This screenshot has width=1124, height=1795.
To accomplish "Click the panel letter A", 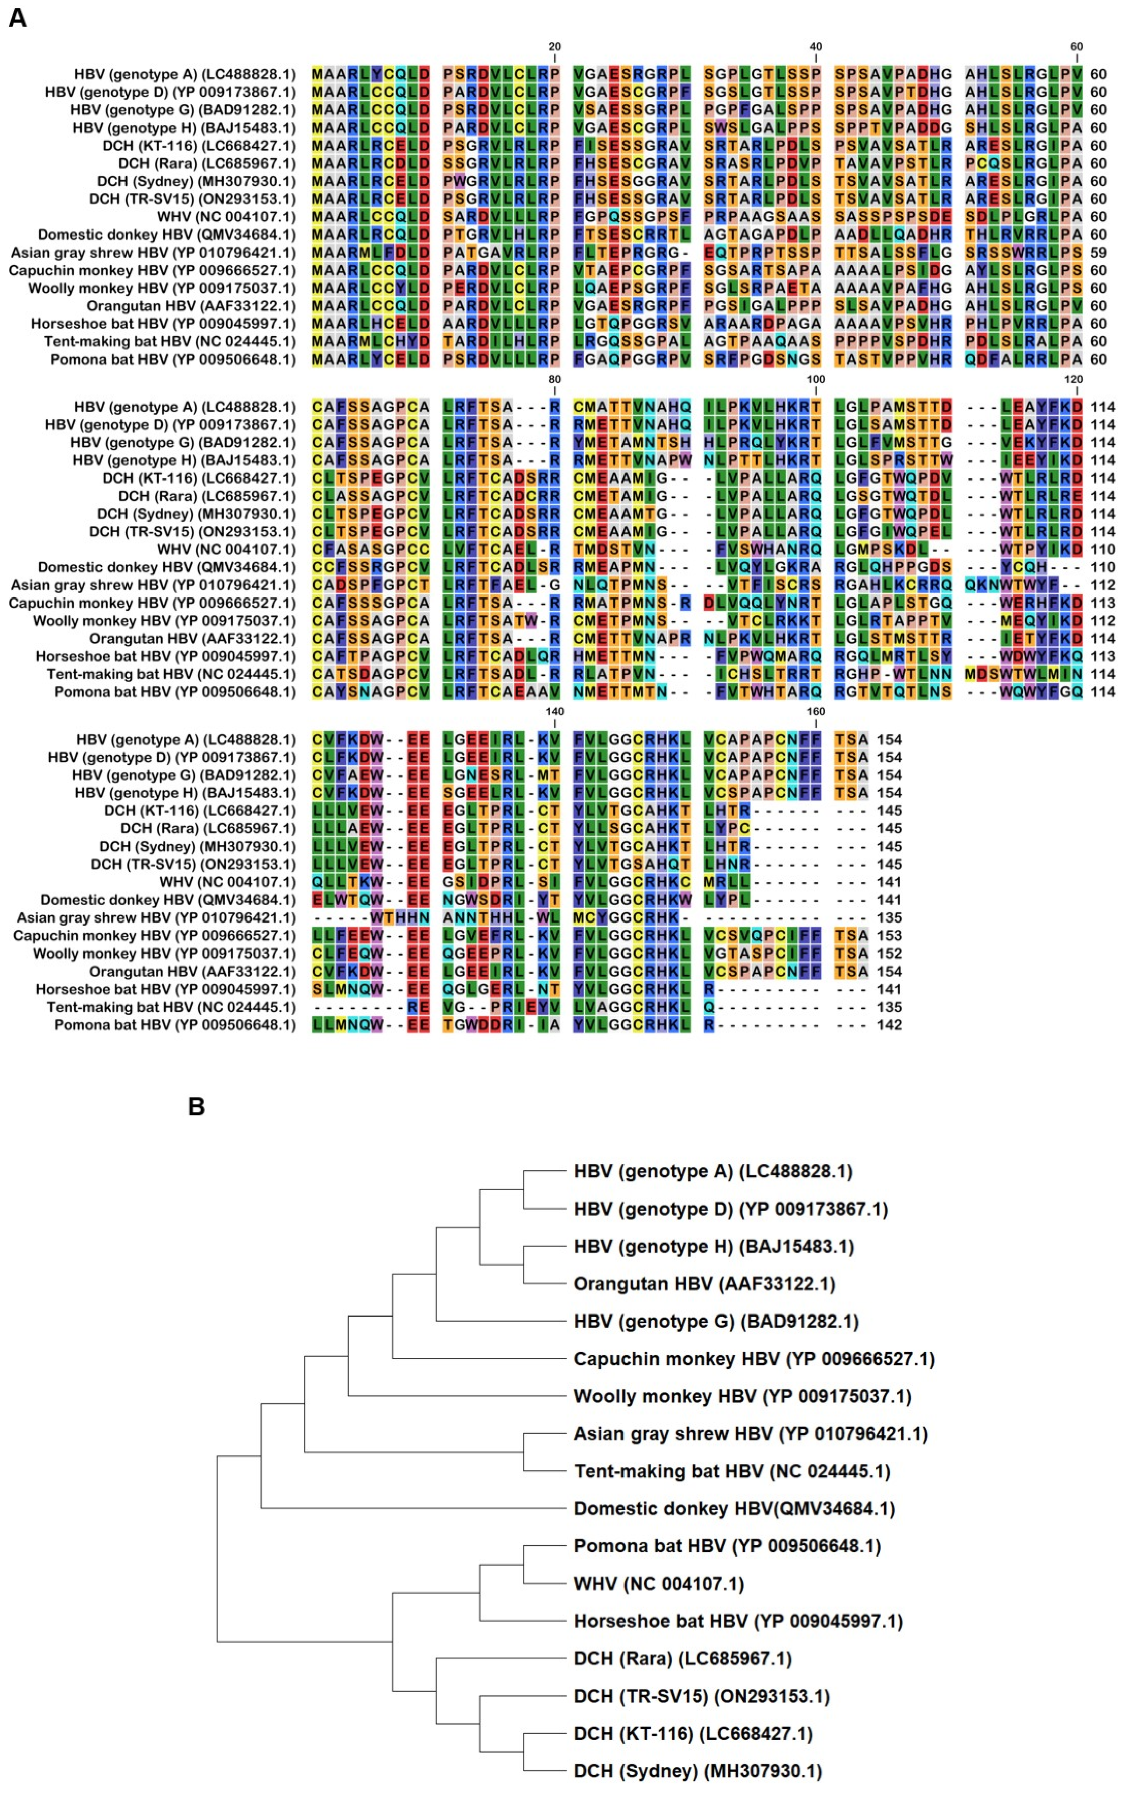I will tap(17, 18).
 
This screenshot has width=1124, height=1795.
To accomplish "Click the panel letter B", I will tap(196, 1107).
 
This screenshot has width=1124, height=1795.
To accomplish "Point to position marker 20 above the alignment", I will tap(555, 46).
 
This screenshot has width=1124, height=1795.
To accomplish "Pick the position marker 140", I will tap(555, 711).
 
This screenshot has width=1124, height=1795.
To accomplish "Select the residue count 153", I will tap(889, 936).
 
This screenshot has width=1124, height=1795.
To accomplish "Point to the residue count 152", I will tap(889, 953).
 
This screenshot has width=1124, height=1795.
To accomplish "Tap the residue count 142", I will tap(889, 1025).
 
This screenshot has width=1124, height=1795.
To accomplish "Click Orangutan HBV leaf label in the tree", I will tap(704, 1284).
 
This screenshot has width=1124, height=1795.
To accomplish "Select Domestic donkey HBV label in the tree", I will tap(734, 1508).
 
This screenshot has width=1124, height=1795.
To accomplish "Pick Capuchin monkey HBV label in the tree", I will tap(754, 1359).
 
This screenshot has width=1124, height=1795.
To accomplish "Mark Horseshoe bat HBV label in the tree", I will tap(737, 1621).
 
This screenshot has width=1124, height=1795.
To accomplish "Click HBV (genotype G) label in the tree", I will tap(716, 1322).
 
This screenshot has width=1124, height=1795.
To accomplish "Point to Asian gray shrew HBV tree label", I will tap(750, 1434).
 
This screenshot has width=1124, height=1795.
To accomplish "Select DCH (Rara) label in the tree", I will tap(682, 1659).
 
